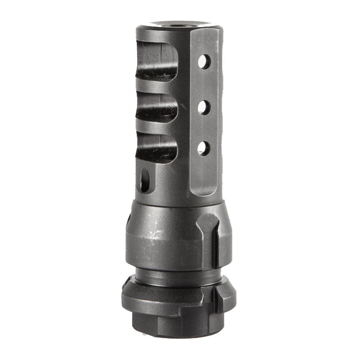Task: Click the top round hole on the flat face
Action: (204, 62)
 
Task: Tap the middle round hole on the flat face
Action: (204, 107)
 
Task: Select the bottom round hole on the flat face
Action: (204, 148)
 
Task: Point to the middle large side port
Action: (157, 107)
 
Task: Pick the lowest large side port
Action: (157, 148)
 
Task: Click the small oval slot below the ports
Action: (145, 180)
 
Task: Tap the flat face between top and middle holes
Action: (204, 85)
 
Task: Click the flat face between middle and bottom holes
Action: (204, 128)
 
